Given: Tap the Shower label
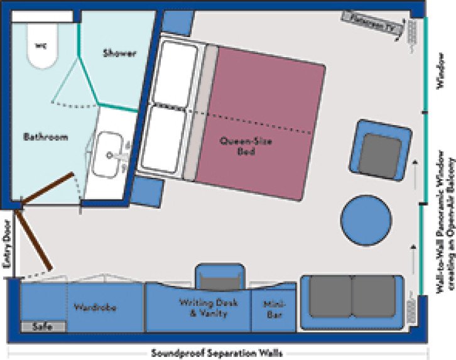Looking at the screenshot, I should [x=119, y=53].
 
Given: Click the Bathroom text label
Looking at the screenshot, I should [x=46, y=137].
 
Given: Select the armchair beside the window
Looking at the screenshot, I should [x=381, y=151].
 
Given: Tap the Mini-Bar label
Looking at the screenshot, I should [x=272, y=305].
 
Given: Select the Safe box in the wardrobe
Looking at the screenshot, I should [x=43, y=327].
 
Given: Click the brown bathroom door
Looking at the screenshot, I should [x=49, y=188].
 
